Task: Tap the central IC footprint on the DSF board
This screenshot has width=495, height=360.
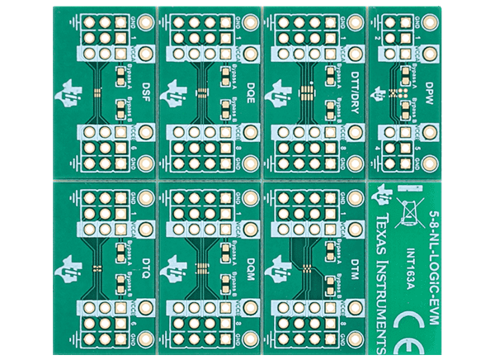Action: click(97, 93)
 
